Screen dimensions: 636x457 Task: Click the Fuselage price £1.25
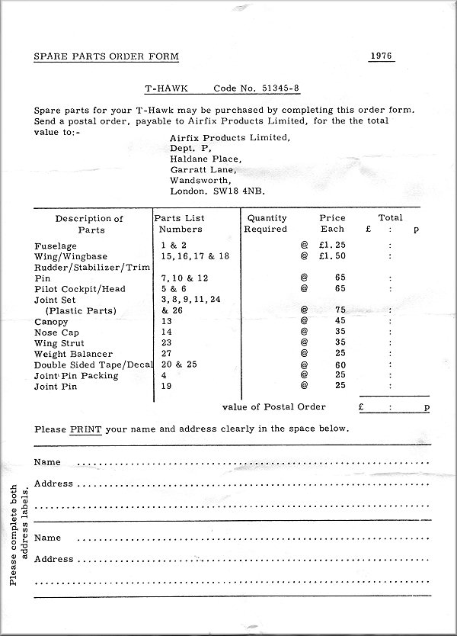pos(332,246)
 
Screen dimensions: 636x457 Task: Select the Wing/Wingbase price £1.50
pos(332,256)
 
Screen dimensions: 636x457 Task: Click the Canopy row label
pos(53,322)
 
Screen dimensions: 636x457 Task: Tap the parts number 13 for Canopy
pos(166,322)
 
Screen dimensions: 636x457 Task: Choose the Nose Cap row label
pos(57,332)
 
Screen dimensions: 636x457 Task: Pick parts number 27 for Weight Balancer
pos(166,354)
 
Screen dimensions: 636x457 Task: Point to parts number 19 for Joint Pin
pos(166,387)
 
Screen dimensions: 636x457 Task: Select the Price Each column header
pos(332,223)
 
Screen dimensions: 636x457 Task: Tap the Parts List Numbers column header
pos(179,223)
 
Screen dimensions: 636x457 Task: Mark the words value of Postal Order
pos(274,406)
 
